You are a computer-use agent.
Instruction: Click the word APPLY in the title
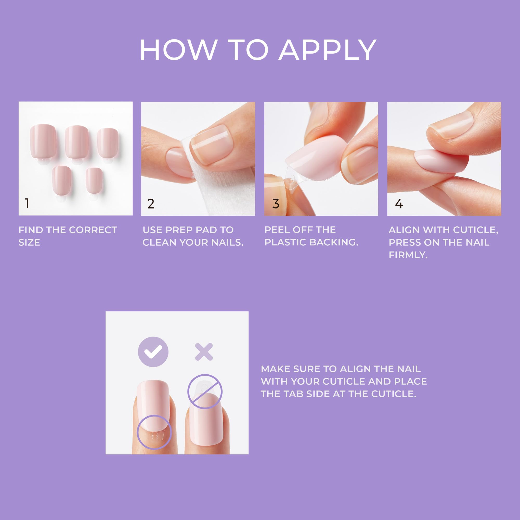coord(327,50)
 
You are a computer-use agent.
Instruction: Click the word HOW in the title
coord(178,50)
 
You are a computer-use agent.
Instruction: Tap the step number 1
coord(27,203)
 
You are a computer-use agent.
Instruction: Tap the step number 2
coord(151,204)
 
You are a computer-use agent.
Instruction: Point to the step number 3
coord(276,204)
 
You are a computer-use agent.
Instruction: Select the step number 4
coord(399,204)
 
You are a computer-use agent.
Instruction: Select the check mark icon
coord(153,352)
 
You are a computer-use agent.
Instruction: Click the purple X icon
coord(204,352)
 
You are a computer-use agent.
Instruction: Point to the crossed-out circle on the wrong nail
coord(205,392)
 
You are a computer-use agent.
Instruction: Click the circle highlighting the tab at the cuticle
coord(154,432)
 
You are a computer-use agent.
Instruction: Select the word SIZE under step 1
coord(29,243)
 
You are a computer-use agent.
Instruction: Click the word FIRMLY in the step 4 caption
coord(408,255)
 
